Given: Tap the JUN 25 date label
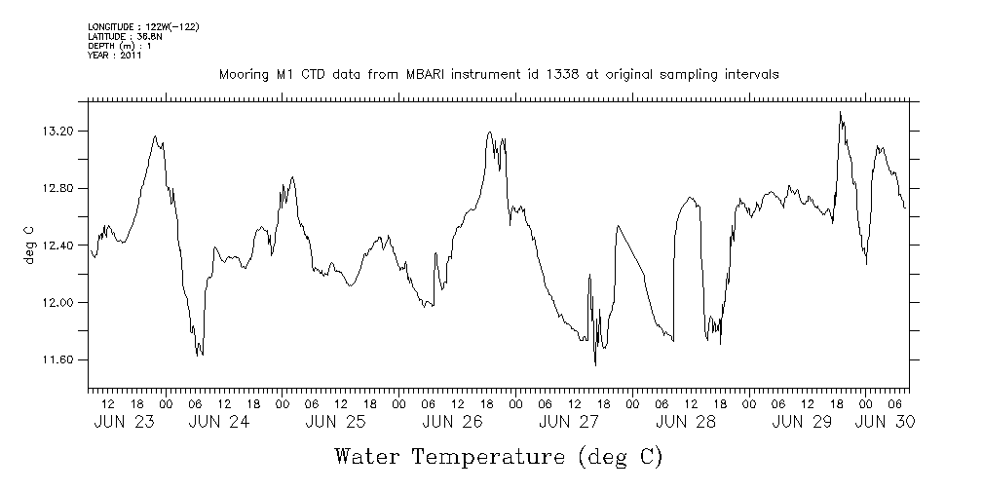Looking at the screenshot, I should point(335,422).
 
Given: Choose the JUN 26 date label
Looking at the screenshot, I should point(452,422).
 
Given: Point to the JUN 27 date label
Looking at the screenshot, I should point(568,422).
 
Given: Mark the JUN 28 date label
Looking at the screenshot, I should point(685,422).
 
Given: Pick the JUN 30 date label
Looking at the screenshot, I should point(884,422).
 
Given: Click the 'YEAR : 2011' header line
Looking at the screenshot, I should point(113,55).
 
